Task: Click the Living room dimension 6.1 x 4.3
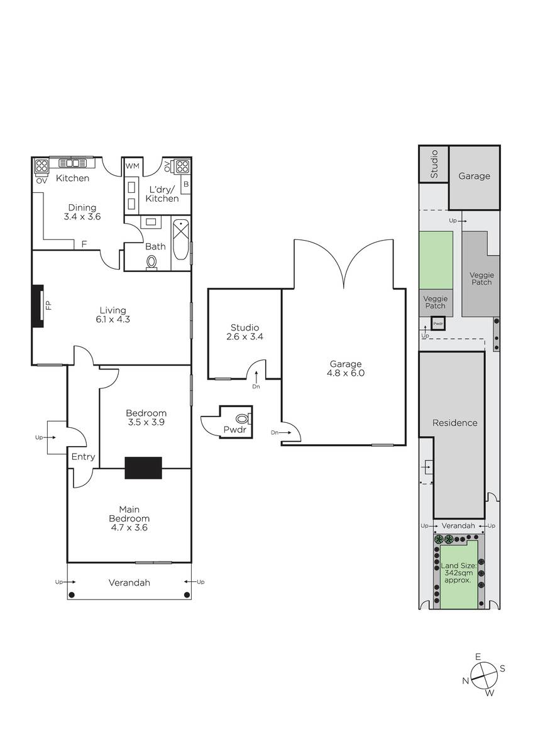click(113, 319)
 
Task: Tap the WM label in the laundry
click(133, 166)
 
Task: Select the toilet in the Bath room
click(152, 262)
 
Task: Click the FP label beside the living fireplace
click(48, 305)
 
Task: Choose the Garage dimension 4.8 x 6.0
click(346, 373)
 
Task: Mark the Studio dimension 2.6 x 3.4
click(245, 337)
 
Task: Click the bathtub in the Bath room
click(182, 239)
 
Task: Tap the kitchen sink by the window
click(73, 163)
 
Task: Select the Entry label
click(83, 457)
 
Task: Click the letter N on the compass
click(466, 680)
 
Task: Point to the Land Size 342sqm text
click(459, 573)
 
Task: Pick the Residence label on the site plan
click(454, 423)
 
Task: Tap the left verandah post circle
click(72, 595)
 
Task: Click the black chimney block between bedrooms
click(143, 467)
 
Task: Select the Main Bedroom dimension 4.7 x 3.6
click(129, 527)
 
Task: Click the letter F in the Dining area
click(84, 244)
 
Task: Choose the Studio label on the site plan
click(434, 164)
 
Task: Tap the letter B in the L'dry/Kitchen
click(186, 185)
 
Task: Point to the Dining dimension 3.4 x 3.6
click(82, 217)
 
